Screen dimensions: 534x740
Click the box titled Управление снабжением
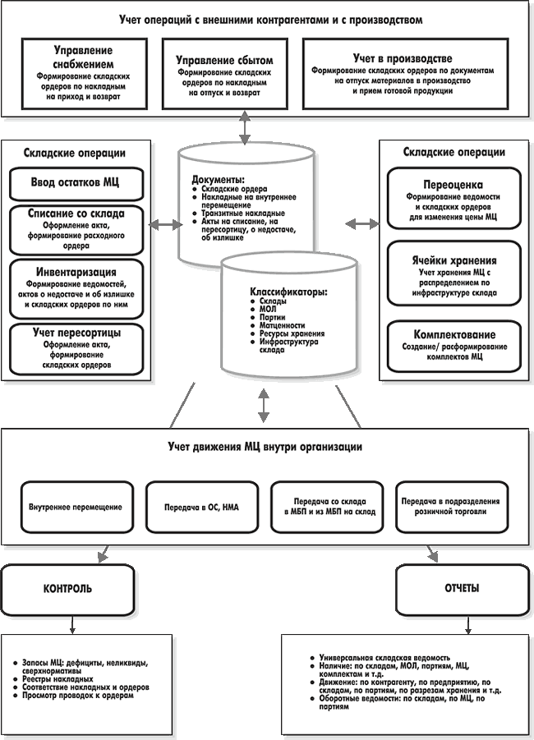pyautogui.click(x=84, y=74)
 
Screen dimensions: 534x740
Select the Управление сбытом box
pyautogui.click(x=225, y=74)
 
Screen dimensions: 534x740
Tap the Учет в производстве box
pyautogui.click(x=405, y=74)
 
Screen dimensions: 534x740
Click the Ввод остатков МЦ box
pyautogui.click(x=76, y=184)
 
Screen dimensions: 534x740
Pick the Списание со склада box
pyautogui.click(x=76, y=230)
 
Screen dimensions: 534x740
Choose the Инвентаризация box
pyautogui.click(x=76, y=289)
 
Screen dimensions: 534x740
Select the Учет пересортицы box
pyautogui.click(x=76, y=349)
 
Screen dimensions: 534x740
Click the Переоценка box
pyautogui.click(x=453, y=198)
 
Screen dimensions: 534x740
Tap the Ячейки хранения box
pyautogui.click(x=453, y=273)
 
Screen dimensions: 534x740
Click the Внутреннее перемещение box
pyautogui.click(x=77, y=508)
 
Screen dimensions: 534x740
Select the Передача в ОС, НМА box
pyautogui.click(x=202, y=508)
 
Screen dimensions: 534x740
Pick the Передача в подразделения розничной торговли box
pyautogui.click(x=452, y=508)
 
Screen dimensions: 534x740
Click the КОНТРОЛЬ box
pyautogui.click(x=68, y=589)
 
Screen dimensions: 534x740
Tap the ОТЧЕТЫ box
pyautogui.click(x=462, y=589)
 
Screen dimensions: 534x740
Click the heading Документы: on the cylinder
pyautogui.click(x=219, y=180)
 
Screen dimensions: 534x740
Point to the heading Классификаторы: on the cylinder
pyautogui.click(x=289, y=292)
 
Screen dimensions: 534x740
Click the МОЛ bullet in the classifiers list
pyautogui.click(x=268, y=309)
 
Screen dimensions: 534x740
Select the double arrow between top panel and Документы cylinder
pyautogui.click(x=245, y=127)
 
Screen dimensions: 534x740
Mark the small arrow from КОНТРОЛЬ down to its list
pyautogui.click(x=71, y=624)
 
